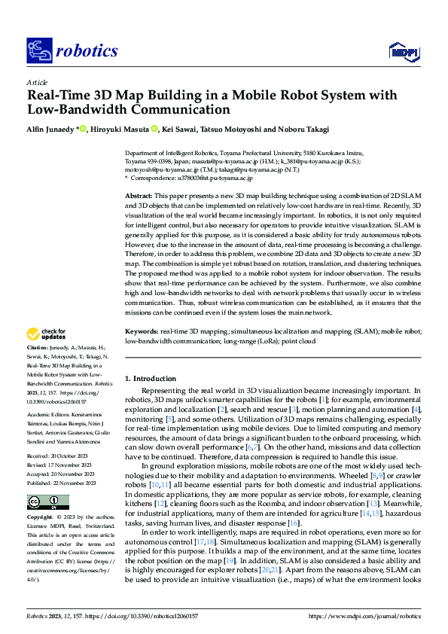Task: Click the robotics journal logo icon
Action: (x=38, y=50)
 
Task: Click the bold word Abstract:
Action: (x=140, y=195)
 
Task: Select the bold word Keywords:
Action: (x=142, y=352)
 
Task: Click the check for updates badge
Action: (x=47, y=355)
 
